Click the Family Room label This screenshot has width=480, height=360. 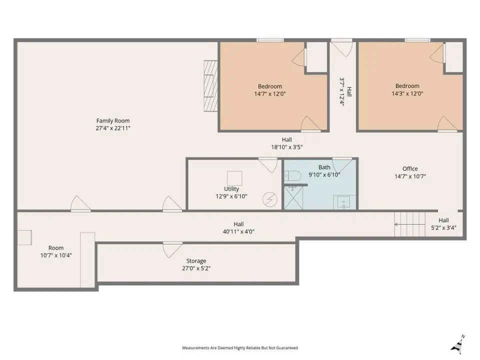(113, 121)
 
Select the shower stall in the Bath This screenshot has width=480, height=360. (293, 198)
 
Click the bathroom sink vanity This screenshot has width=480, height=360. (344, 202)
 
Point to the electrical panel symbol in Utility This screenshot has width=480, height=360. (270, 199)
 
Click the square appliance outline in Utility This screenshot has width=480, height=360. (234, 178)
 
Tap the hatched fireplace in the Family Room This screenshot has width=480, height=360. (210, 86)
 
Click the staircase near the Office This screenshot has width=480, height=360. (410, 224)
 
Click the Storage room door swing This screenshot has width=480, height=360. (172, 249)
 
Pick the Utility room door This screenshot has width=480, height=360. (268, 165)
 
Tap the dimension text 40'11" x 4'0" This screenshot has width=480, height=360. (238, 231)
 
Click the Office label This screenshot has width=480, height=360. (410, 168)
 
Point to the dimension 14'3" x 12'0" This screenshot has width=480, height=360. (407, 93)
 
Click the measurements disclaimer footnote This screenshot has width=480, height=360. (240, 348)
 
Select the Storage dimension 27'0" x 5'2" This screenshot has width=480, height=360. (196, 268)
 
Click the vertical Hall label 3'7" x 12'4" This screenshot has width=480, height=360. (345, 91)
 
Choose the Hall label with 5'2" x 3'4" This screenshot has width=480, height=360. (443, 224)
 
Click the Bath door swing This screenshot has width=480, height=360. (342, 165)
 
